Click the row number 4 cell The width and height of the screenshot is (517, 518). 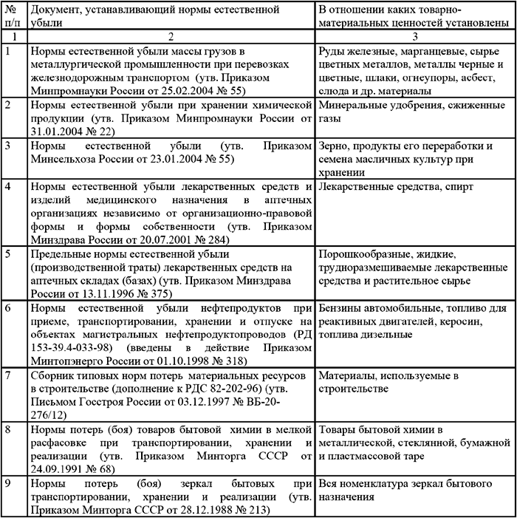click(x=8, y=186)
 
